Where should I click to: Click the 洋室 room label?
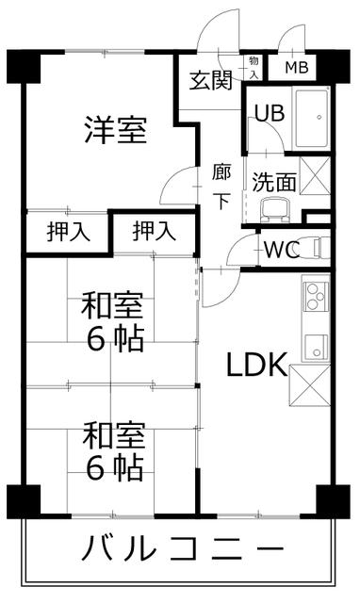pos(116,130)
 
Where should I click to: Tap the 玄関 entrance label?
pos(210,80)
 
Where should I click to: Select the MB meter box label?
pos(297,68)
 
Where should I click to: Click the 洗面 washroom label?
pos(273,181)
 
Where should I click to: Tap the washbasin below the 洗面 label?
pos(276,209)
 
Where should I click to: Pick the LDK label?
pos(254,365)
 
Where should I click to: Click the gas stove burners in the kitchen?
pos(314,294)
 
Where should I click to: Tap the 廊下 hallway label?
pos(221,186)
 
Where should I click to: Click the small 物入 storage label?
pos(254,67)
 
